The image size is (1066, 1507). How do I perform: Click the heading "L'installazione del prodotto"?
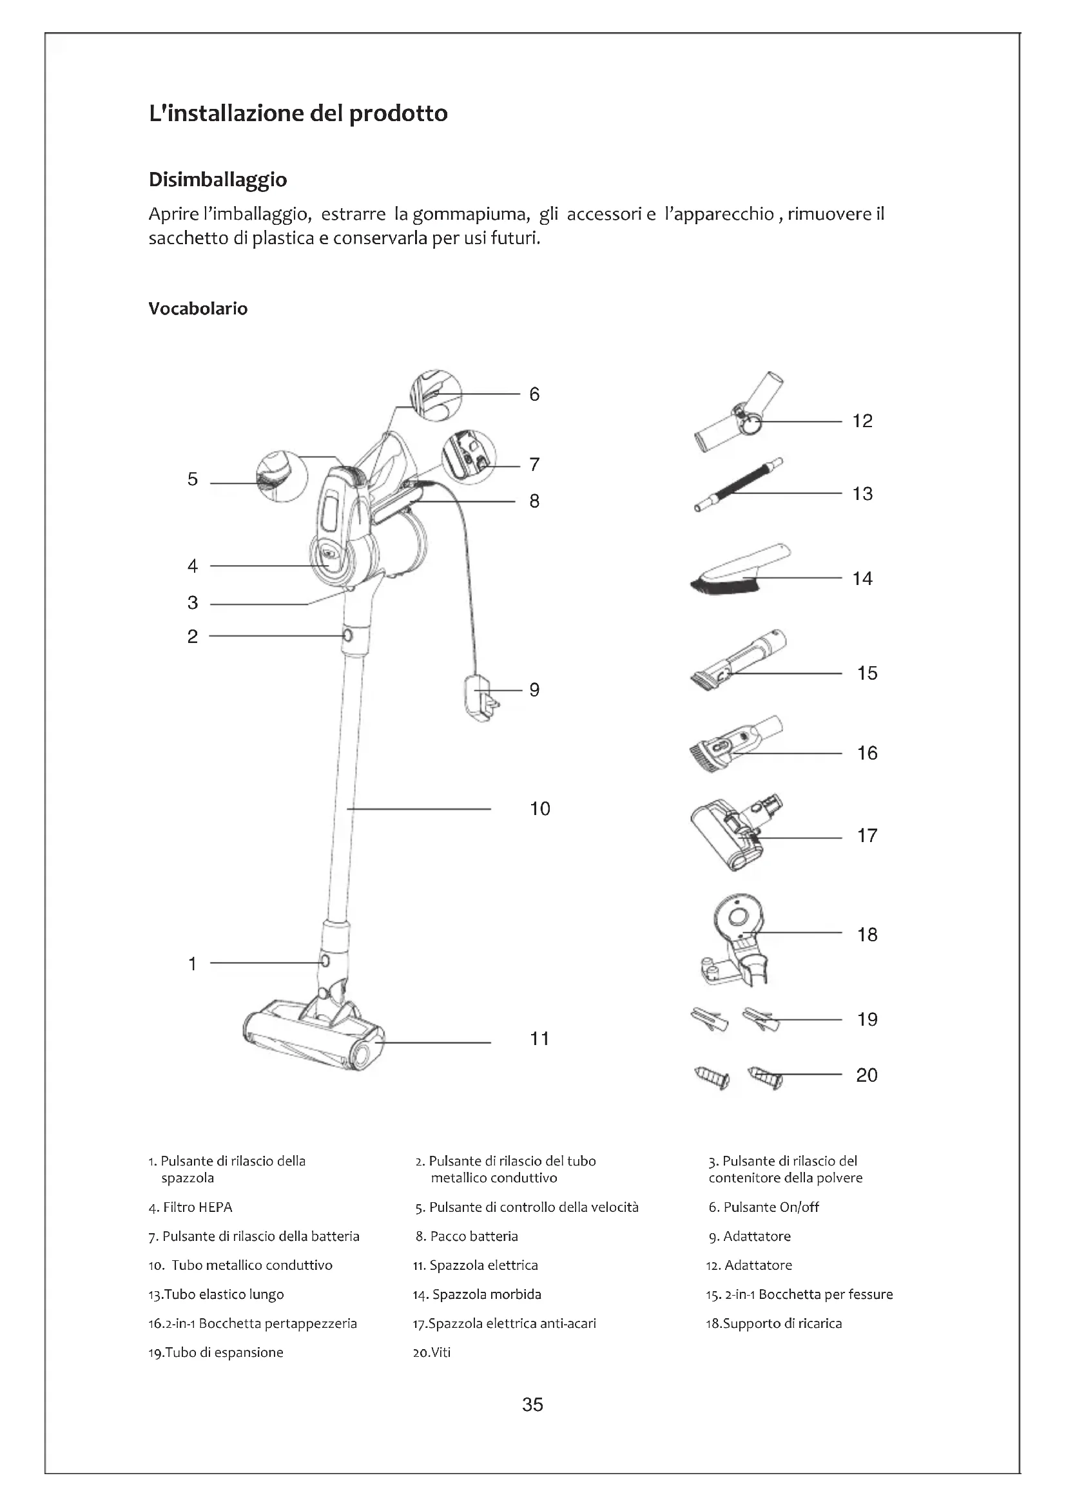coord(298,113)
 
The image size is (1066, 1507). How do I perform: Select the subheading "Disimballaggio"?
coord(217,180)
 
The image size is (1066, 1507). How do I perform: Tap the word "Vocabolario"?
coord(198,309)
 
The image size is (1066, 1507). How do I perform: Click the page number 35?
coord(532,1404)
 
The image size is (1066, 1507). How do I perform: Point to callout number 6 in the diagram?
coord(534,394)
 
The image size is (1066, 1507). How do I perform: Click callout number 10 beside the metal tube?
coord(539,808)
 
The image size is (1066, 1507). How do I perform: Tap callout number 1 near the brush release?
coord(192,963)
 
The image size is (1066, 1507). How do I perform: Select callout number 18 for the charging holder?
coord(866,934)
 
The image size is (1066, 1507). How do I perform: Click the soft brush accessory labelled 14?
coord(739,570)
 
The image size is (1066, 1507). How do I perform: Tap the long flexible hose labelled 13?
coord(739,485)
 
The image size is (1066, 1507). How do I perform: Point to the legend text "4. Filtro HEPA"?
coord(190,1207)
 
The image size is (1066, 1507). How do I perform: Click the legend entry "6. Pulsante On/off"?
coord(763,1207)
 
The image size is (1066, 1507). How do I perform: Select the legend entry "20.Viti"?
coord(431,1352)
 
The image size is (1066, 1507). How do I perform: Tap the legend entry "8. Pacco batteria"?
coord(466,1236)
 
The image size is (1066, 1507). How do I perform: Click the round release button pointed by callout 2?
coord(348,635)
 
